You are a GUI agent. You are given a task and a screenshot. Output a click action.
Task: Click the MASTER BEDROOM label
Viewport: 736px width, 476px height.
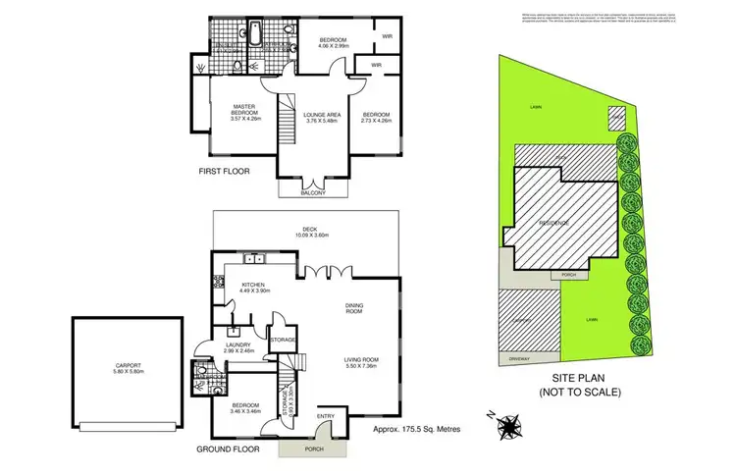(x=243, y=112)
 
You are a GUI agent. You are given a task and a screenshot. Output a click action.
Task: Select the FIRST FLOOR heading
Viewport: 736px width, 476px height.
(x=225, y=171)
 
